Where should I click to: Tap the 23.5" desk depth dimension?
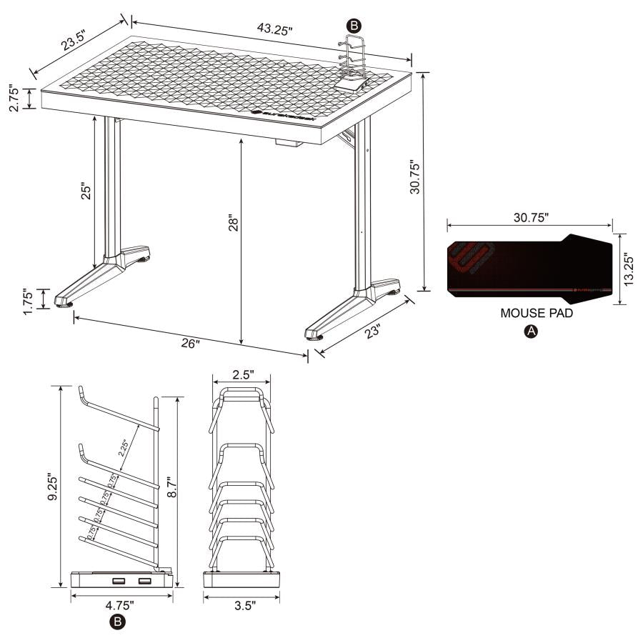coord(76,42)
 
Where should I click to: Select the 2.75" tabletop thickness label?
coord(11,99)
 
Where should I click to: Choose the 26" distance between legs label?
coord(191,344)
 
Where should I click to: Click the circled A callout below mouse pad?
coord(529,331)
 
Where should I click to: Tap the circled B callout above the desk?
coord(352,25)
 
